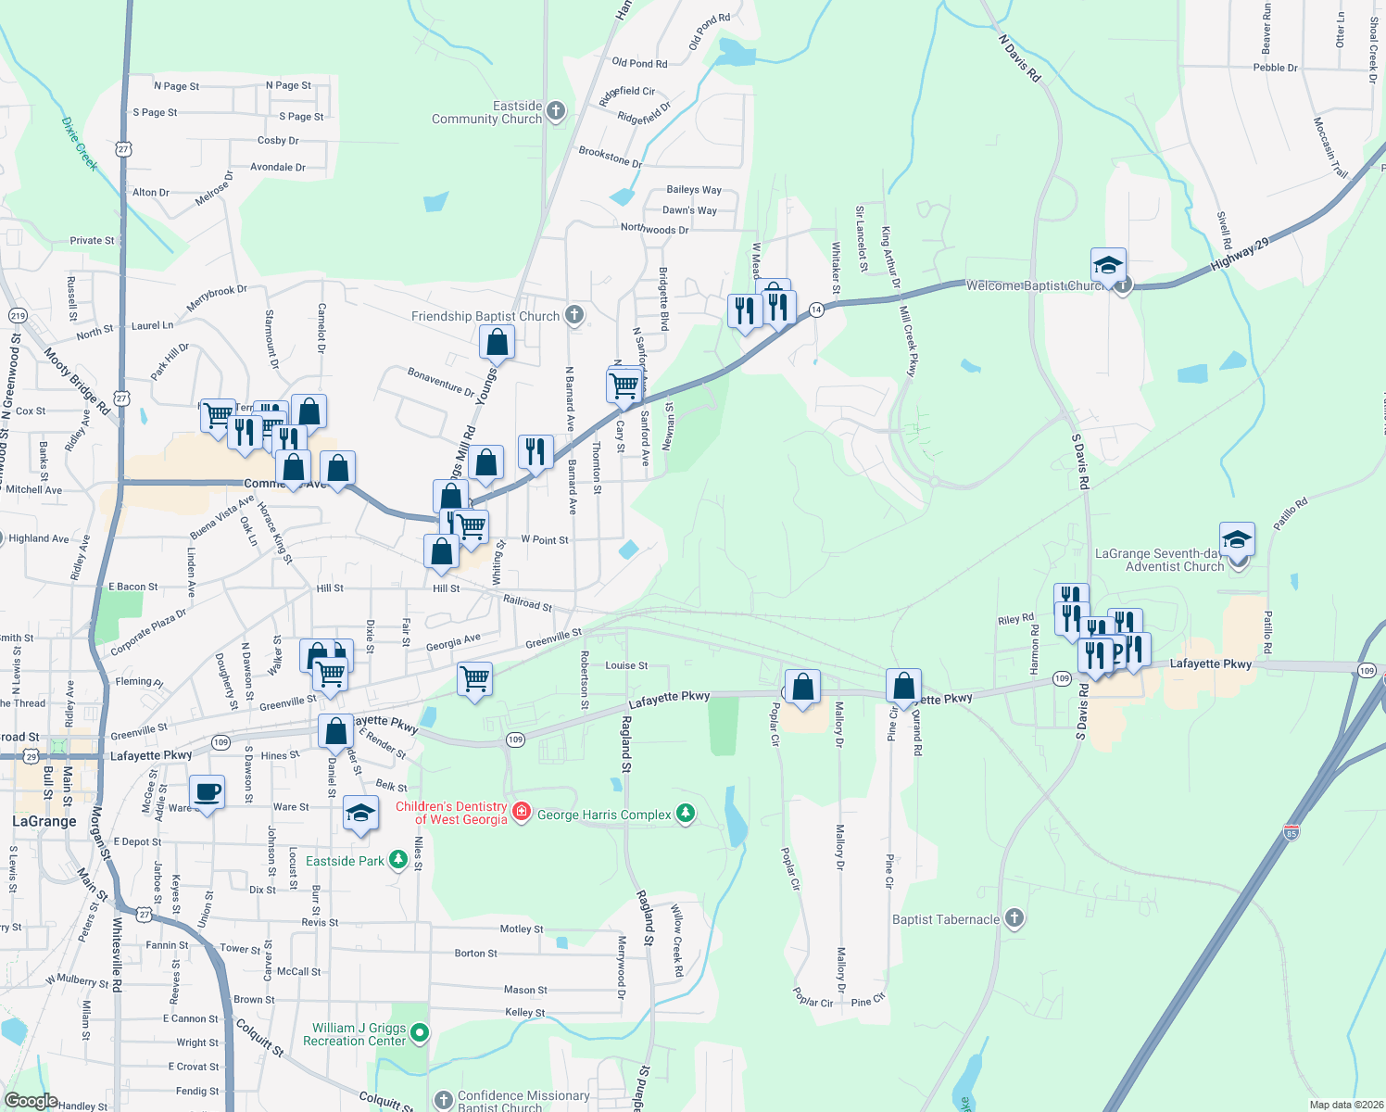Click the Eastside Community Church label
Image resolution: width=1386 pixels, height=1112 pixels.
(x=486, y=112)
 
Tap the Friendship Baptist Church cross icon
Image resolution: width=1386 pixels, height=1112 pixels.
(x=574, y=316)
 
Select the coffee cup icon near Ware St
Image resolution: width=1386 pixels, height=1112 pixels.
(x=207, y=792)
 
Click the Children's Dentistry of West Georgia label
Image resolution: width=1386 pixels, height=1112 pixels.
(x=451, y=813)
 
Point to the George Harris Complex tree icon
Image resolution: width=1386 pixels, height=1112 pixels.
(x=685, y=814)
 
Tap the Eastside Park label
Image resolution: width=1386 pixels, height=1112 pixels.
(x=345, y=861)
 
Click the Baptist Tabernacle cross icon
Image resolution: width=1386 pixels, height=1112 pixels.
(x=1014, y=918)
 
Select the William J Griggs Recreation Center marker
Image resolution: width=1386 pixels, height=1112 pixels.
(x=420, y=1032)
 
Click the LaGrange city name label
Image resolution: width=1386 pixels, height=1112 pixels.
(x=44, y=821)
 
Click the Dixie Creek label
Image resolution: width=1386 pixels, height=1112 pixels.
(x=80, y=143)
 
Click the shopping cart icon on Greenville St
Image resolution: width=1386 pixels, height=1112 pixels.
(x=474, y=679)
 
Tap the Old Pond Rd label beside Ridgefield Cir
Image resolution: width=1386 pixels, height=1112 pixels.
(x=639, y=63)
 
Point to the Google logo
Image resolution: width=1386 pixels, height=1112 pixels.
(x=31, y=1101)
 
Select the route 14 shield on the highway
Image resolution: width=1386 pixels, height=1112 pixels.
(x=816, y=310)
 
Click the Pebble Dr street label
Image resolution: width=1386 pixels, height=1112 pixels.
(x=1275, y=68)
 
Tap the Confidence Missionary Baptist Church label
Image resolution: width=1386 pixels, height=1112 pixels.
(x=523, y=1101)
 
